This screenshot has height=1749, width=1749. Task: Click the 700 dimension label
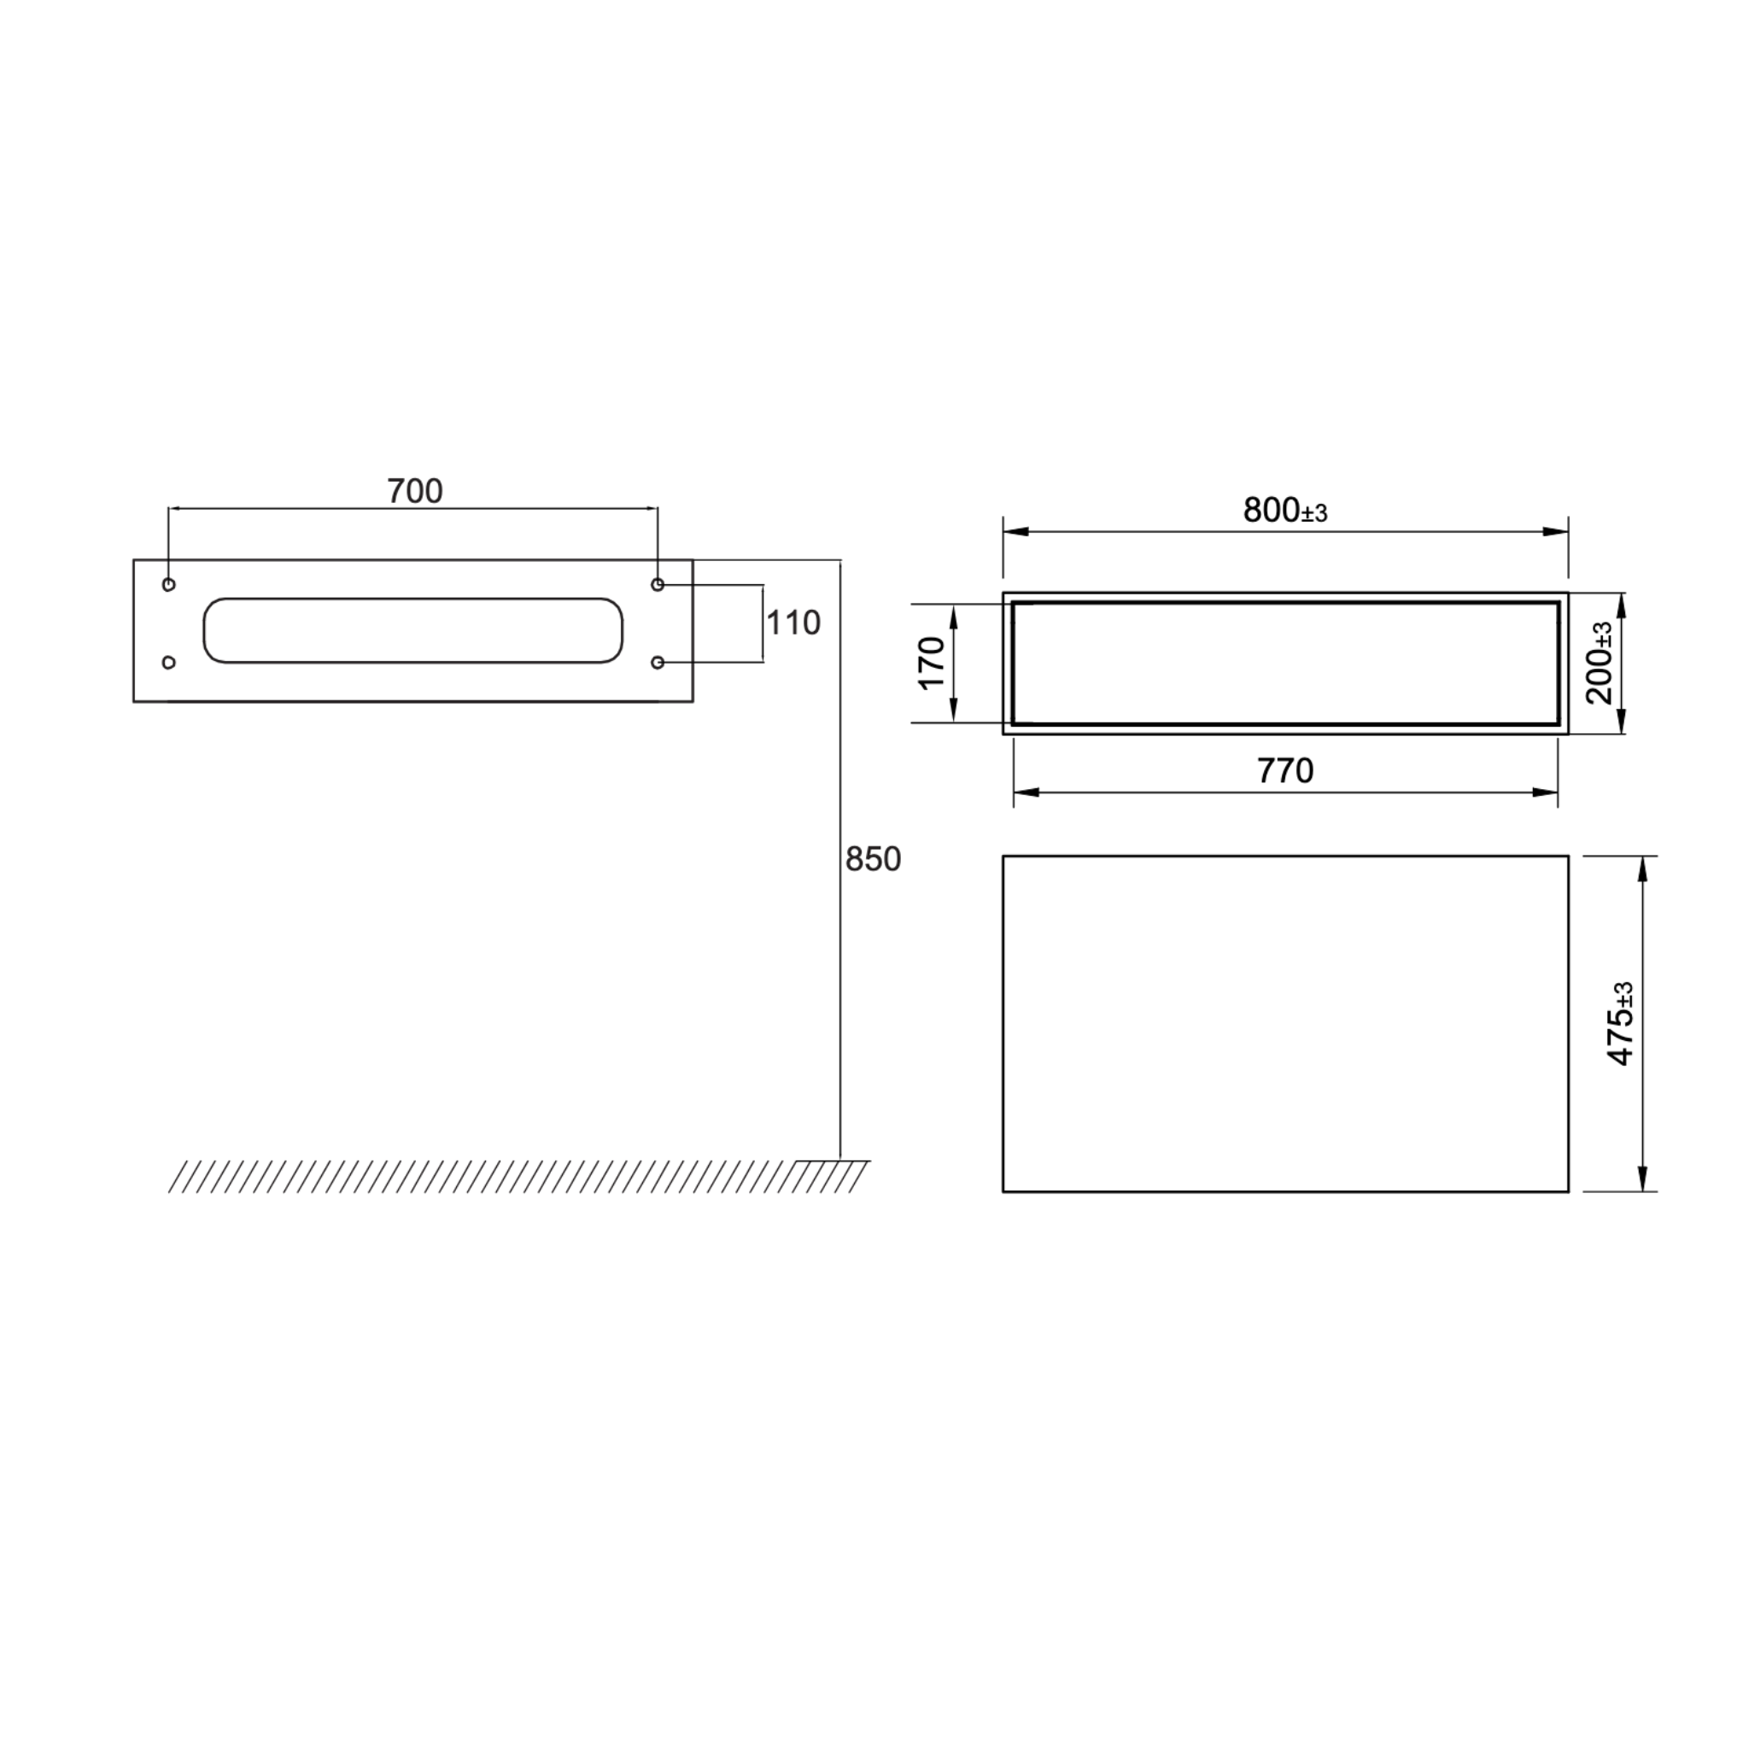tap(414, 492)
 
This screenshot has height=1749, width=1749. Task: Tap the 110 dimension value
tap(793, 623)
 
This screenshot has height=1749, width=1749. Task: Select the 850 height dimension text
tap(873, 859)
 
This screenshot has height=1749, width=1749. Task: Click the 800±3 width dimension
tap(1284, 511)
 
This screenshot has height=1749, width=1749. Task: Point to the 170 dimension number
tap(932, 663)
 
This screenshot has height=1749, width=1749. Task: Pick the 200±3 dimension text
tap(1600, 663)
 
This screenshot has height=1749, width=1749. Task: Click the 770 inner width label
tap(1284, 770)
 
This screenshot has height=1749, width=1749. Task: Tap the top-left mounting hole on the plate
tap(168, 585)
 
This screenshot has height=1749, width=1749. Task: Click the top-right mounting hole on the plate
tap(658, 585)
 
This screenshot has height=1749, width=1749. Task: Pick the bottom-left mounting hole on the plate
tap(168, 663)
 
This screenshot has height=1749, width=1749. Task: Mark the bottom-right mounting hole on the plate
tap(658, 663)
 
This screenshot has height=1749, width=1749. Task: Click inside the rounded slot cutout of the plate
tap(412, 630)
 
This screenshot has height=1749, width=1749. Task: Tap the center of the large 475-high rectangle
tap(1285, 1023)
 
